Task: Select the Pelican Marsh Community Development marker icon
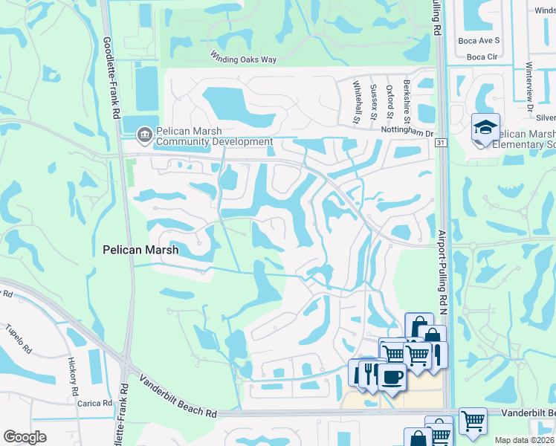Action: point(145,135)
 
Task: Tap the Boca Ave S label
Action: point(479,40)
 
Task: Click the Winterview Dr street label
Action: point(530,85)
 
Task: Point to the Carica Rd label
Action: point(94,404)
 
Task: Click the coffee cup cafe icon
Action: point(392,375)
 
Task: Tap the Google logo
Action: point(25,437)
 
